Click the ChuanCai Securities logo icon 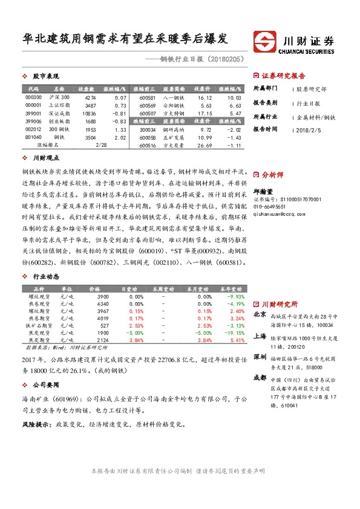pyautogui.click(x=264, y=43)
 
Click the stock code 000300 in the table pyautogui.click(x=34, y=97)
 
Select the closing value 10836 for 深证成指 pyautogui.click(x=90, y=113)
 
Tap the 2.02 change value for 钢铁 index pyautogui.click(x=120, y=137)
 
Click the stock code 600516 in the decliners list pyautogui.click(x=148, y=145)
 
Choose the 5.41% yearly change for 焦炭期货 pyautogui.click(x=237, y=340)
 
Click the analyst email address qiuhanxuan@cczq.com pyautogui.click(x=281, y=214)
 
